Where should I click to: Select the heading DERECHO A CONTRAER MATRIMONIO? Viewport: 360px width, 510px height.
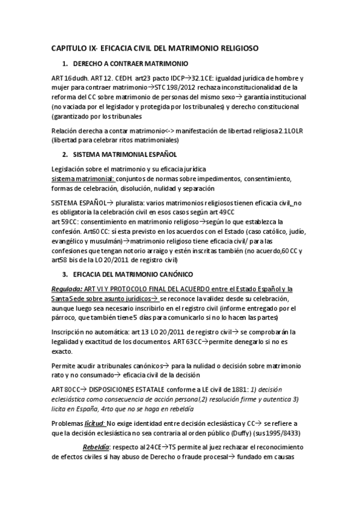130,63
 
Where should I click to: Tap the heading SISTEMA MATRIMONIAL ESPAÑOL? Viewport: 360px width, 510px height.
124,155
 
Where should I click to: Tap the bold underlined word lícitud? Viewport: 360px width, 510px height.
94,422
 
